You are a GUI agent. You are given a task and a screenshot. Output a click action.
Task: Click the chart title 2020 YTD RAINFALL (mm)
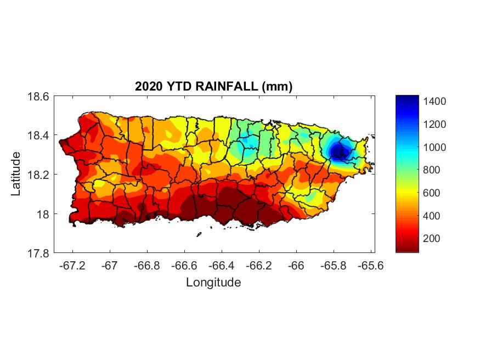click(x=214, y=87)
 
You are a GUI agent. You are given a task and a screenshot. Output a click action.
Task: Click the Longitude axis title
click(x=213, y=283)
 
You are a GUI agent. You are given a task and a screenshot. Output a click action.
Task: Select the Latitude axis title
click(x=16, y=175)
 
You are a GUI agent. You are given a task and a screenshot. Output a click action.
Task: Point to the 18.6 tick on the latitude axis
click(x=38, y=97)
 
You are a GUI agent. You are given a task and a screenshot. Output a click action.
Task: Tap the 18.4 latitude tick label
click(x=38, y=136)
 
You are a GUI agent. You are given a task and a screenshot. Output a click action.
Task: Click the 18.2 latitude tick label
click(x=38, y=175)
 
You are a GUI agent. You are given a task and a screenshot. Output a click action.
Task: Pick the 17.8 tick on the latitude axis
click(x=38, y=254)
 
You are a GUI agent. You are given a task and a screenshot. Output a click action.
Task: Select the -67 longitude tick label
click(x=110, y=266)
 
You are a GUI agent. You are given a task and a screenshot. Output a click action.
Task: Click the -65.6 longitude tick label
click(x=371, y=266)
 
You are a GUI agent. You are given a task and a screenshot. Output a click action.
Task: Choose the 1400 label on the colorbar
click(x=434, y=102)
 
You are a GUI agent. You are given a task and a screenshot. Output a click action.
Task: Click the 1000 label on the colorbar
click(x=434, y=147)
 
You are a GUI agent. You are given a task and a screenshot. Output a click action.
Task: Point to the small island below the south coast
click(x=199, y=235)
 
